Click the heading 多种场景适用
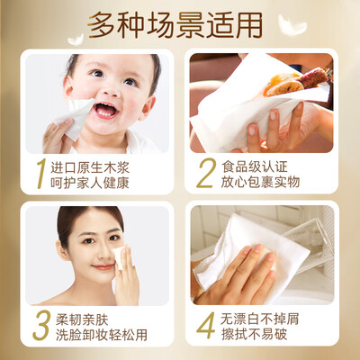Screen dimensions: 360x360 point(175,25)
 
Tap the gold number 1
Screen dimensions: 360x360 point(41,174)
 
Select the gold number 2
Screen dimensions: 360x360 point(206,173)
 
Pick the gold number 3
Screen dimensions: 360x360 point(41,325)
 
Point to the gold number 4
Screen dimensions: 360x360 point(206,325)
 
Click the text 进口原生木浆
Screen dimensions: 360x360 point(90,167)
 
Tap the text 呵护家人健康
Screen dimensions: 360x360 point(90,183)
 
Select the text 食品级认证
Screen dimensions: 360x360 point(255,166)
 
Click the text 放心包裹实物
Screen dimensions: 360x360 point(260,182)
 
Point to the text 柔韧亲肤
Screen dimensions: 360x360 point(82,319)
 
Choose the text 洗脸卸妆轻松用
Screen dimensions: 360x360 point(102,335)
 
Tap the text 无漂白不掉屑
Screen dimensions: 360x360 point(260,319)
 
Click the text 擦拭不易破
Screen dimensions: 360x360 point(254,334)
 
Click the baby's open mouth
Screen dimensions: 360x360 point(105,110)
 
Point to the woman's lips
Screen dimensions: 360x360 point(103,266)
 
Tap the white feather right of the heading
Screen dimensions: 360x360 point(292,25)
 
